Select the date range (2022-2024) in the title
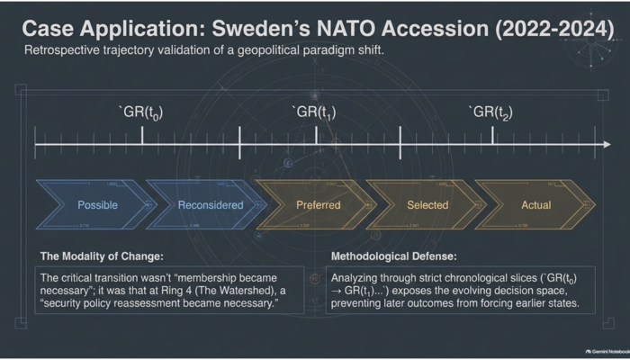click(x=555, y=29)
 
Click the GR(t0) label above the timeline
click(x=141, y=112)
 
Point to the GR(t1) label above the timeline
click(x=315, y=112)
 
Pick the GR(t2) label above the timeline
click(x=491, y=112)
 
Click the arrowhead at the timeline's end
click(x=607, y=144)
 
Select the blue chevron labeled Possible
click(x=94, y=205)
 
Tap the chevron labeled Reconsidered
click(x=206, y=205)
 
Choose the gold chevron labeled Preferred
click(x=316, y=205)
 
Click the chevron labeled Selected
click(x=426, y=205)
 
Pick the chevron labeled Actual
click(x=535, y=205)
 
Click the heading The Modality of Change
click(x=102, y=256)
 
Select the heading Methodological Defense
click(x=394, y=256)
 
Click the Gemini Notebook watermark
click(x=607, y=352)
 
